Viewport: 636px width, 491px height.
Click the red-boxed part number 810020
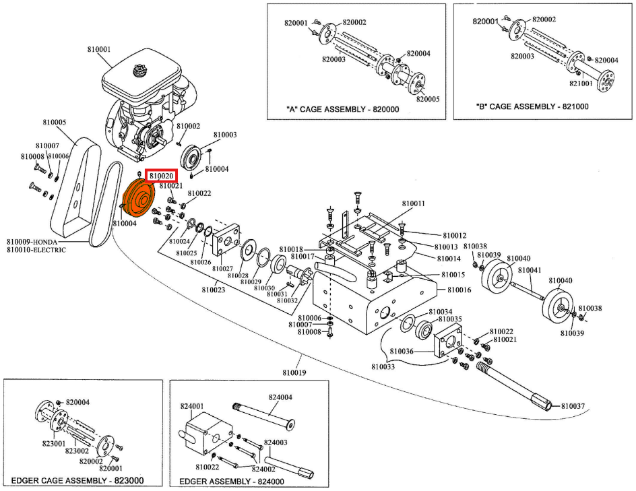(x=162, y=176)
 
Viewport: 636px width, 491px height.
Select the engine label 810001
(x=100, y=49)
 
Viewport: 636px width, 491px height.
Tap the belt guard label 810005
(x=55, y=123)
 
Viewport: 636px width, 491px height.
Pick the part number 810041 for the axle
(x=529, y=269)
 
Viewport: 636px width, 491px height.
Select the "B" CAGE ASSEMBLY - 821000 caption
(x=532, y=106)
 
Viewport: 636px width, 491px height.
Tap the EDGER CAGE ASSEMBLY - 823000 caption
(x=78, y=481)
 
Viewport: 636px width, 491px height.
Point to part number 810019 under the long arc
(x=294, y=372)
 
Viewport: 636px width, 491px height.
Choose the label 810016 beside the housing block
(x=459, y=290)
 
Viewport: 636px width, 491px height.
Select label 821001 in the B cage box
(x=581, y=84)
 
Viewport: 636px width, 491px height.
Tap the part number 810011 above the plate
(x=414, y=203)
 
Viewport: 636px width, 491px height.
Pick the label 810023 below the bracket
(x=213, y=290)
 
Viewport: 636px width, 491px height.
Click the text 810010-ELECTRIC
(x=36, y=250)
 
